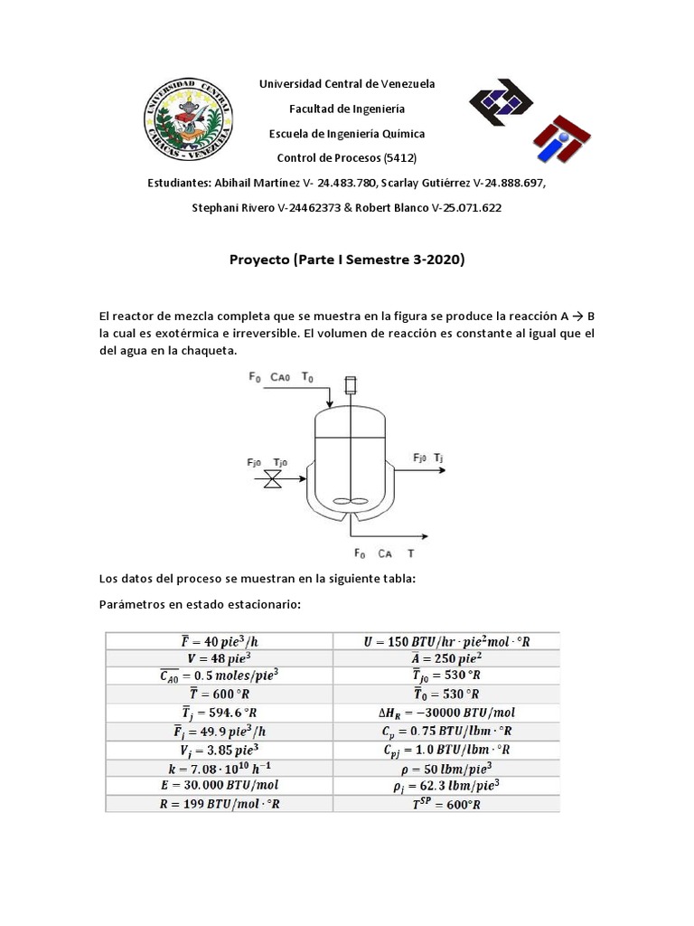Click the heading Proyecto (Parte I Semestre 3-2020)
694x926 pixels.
point(347,260)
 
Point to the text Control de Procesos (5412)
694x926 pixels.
point(347,158)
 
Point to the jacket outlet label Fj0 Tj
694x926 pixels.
point(427,458)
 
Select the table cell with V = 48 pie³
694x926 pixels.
point(220,659)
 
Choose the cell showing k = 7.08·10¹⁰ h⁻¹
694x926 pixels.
point(220,769)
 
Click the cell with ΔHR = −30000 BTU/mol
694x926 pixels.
point(446,713)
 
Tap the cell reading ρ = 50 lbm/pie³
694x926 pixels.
point(446,769)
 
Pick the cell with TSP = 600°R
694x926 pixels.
point(446,805)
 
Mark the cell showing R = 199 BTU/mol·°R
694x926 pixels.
point(220,805)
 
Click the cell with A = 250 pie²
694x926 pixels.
point(446,659)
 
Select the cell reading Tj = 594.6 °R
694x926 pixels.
point(220,713)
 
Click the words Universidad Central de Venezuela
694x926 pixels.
point(347,83)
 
